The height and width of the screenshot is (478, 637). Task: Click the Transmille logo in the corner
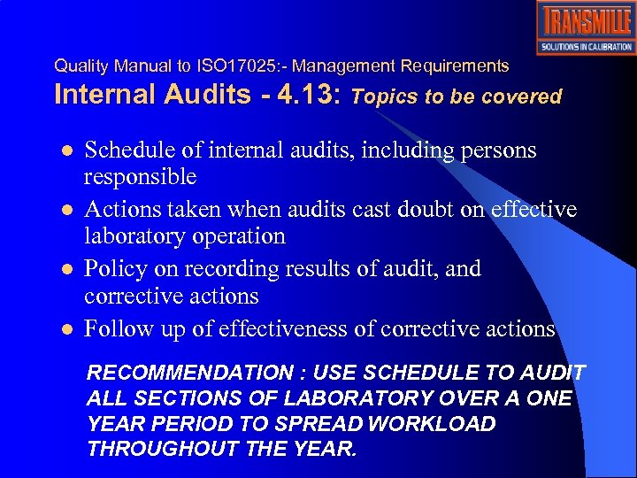point(585,27)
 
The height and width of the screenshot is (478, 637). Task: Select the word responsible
point(140,177)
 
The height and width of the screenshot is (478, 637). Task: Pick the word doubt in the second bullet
point(420,210)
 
